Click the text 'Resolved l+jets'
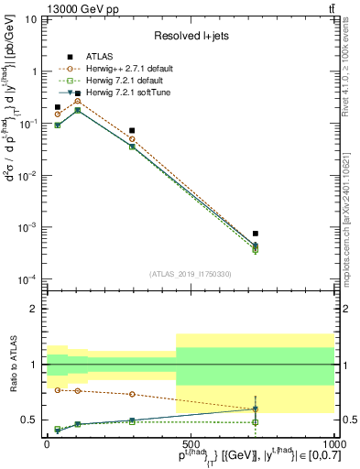(191, 35)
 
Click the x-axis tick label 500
(191, 443)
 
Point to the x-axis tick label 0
(48, 443)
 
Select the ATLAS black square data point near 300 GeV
(133, 131)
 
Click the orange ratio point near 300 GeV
(133, 394)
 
